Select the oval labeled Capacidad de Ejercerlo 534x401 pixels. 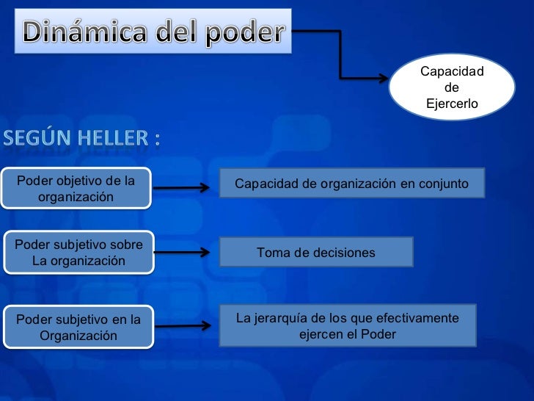[x=451, y=87]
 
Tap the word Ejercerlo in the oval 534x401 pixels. [x=451, y=104]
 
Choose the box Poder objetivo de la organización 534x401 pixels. [x=76, y=188]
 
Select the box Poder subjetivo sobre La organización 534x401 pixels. [x=79, y=252]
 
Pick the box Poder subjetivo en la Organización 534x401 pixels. [x=78, y=327]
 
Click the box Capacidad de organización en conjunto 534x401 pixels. [x=351, y=183]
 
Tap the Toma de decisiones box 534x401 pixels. [x=316, y=252]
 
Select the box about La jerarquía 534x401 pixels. [x=348, y=325]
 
